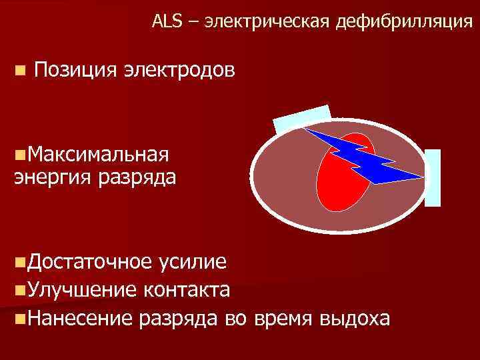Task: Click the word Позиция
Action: point(75,69)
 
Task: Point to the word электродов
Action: point(179,69)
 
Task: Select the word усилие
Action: point(193,262)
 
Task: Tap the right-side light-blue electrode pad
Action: point(433,177)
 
